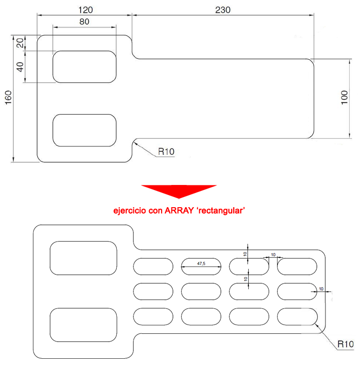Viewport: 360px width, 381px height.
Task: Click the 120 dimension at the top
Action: (x=86, y=9)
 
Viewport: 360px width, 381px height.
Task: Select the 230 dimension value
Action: (x=223, y=9)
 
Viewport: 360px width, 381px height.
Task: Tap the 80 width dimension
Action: (x=84, y=21)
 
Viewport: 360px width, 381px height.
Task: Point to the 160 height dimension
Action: (x=8, y=98)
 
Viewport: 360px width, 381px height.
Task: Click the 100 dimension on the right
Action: (x=344, y=98)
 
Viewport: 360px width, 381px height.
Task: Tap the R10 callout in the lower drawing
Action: (x=345, y=344)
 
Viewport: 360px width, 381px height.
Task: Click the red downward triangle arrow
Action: (x=179, y=190)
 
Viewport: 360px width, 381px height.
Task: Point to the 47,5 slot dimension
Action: (x=201, y=263)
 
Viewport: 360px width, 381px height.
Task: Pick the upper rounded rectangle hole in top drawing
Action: (x=84, y=67)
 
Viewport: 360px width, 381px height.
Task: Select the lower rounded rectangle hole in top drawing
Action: (x=84, y=130)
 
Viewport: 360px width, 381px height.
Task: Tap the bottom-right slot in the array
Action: (x=297, y=316)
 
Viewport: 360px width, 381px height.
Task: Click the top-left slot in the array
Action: (x=153, y=266)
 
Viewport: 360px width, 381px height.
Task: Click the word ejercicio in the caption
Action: (x=130, y=210)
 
